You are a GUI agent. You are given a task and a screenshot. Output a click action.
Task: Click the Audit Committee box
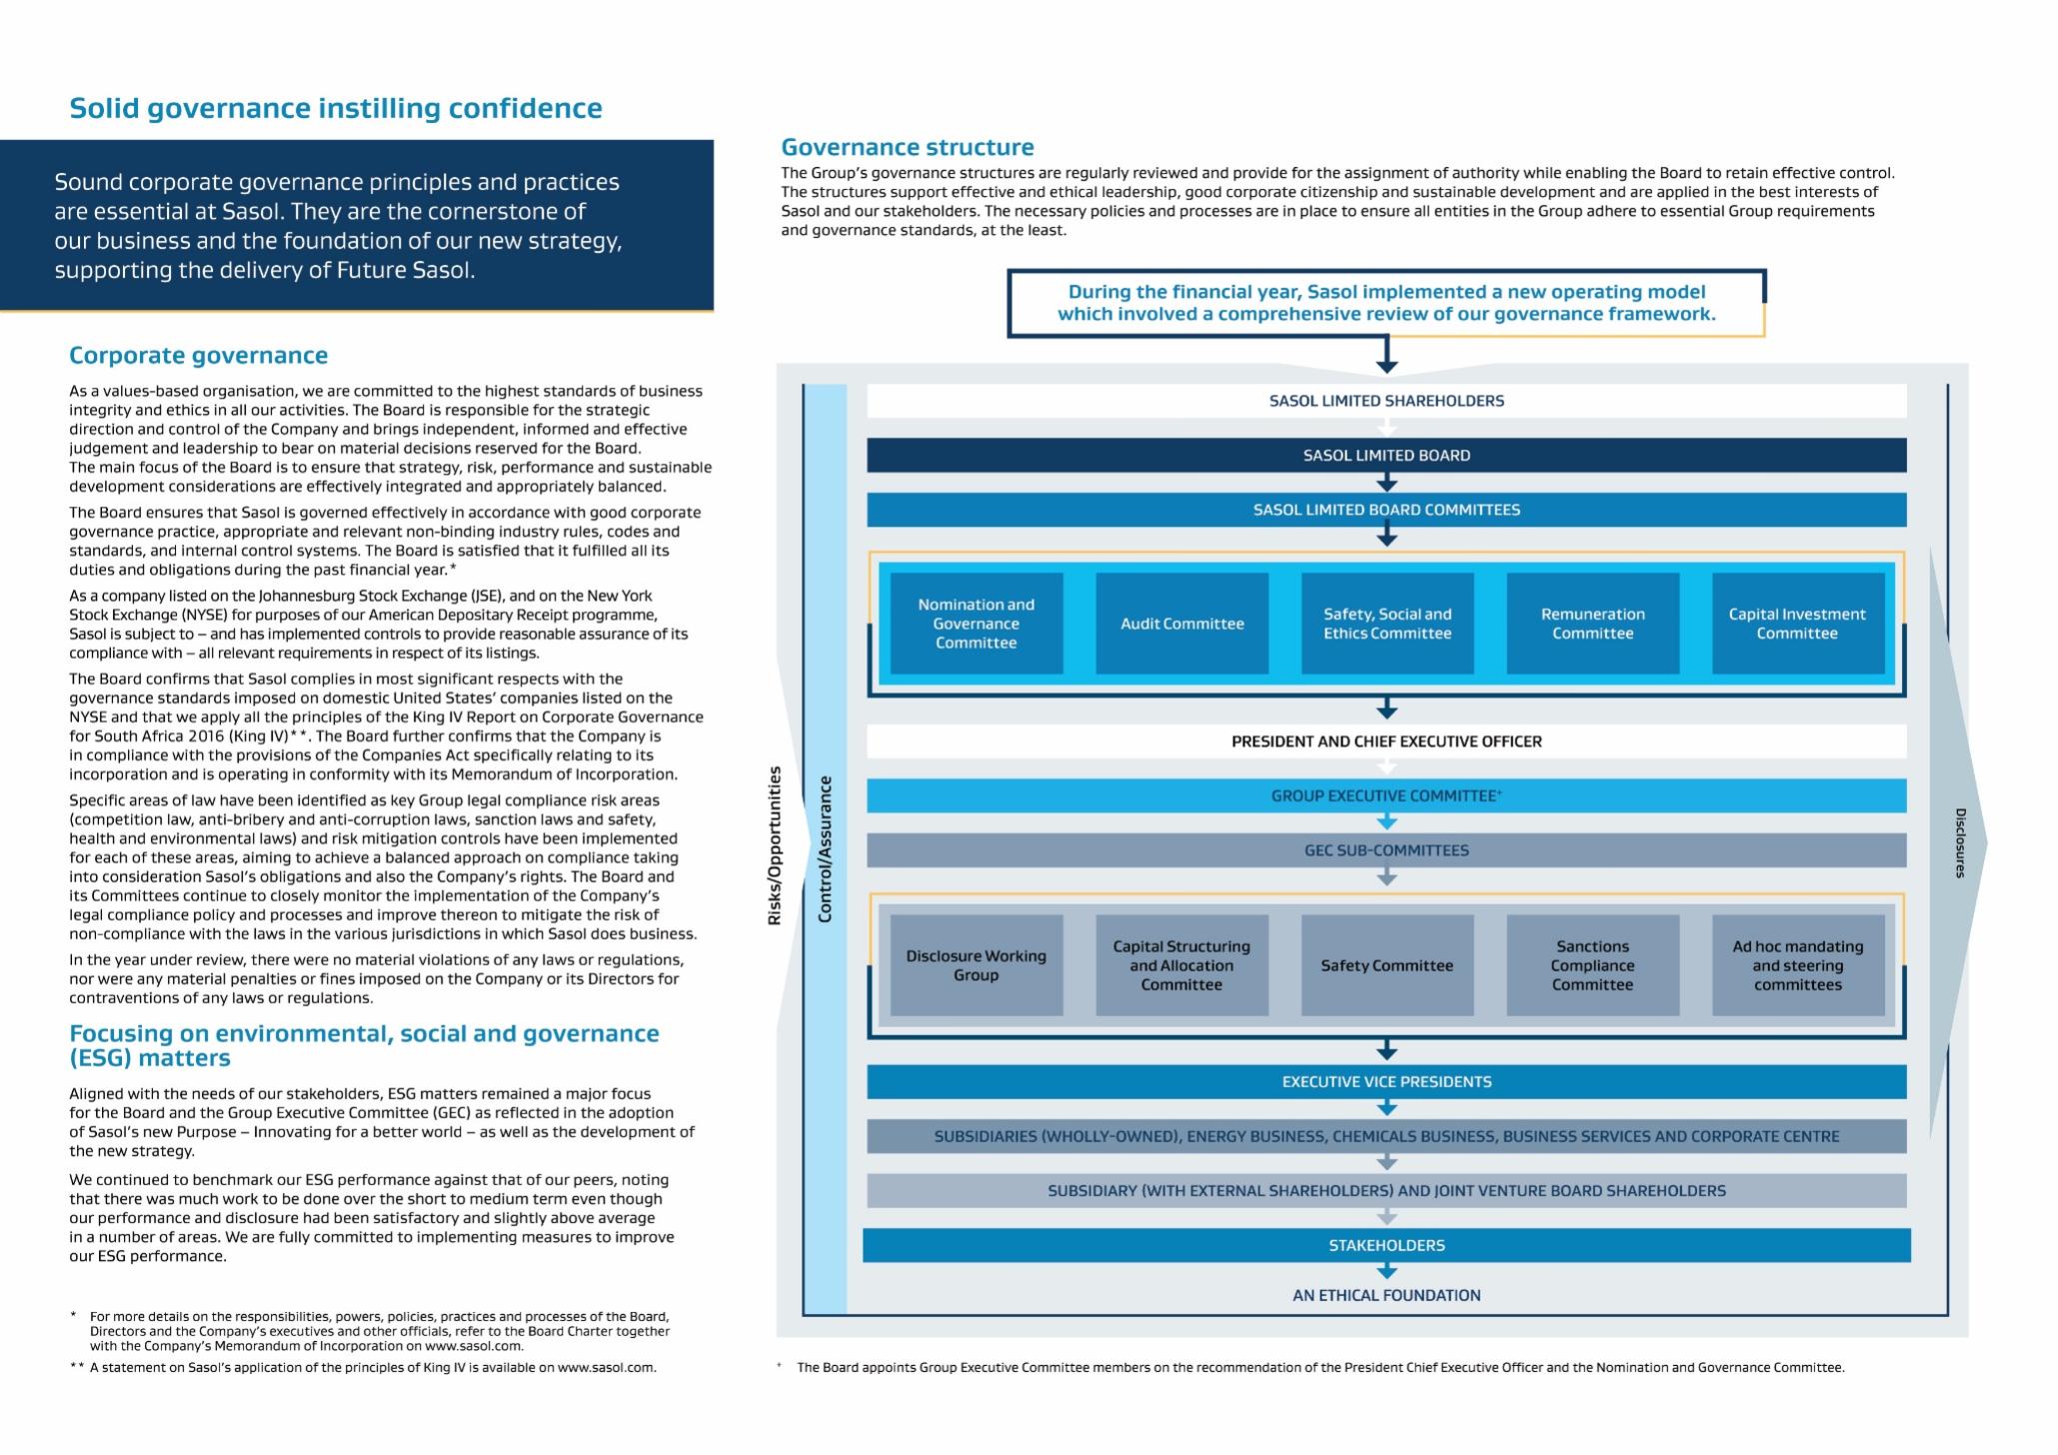pyautogui.click(x=1181, y=624)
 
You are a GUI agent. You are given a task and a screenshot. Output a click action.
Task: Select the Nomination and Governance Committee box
pyautogui.click(x=976, y=624)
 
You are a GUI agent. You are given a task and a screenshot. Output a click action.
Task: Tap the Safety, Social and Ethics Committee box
pyautogui.click(x=1387, y=624)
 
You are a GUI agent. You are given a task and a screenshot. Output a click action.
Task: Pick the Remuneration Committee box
pyautogui.click(x=1592, y=624)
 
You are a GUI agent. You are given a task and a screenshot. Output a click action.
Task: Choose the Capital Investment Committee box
pyautogui.click(x=1797, y=624)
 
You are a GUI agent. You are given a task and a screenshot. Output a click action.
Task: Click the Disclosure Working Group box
pyautogui.click(x=976, y=965)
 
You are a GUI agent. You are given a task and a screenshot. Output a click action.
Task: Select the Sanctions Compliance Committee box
pyautogui.click(x=1592, y=965)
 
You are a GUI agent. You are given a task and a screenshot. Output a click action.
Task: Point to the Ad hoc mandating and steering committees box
pyautogui.click(x=1797, y=965)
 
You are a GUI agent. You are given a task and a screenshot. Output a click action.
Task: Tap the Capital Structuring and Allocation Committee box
pyautogui.click(x=1181, y=965)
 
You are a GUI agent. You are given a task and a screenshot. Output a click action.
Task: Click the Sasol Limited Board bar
pyautogui.click(x=1386, y=456)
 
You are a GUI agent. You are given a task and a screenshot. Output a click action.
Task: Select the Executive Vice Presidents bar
pyautogui.click(x=1386, y=1082)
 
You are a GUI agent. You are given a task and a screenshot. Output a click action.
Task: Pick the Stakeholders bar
pyautogui.click(x=1386, y=1245)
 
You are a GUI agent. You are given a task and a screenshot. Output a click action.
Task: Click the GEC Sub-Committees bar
pyautogui.click(x=1386, y=850)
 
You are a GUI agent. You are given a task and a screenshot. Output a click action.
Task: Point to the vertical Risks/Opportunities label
pyautogui.click(x=774, y=845)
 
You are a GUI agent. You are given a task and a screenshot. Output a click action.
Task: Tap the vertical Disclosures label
pyautogui.click(x=1960, y=843)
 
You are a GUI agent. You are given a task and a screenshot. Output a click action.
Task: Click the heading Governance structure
pyautogui.click(x=907, y=148)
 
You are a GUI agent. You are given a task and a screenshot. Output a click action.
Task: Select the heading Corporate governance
pyautogui.click(x=198, y=356)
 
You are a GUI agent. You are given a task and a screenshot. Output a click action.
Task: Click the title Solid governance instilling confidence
pyautogui.click(x=336, y=109)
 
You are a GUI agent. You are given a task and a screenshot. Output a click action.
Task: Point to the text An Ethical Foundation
pyautogui.click(x=1386, y=1295)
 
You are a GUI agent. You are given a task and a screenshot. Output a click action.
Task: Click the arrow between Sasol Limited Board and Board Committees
pyautogui.click(x=1386, y=484)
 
